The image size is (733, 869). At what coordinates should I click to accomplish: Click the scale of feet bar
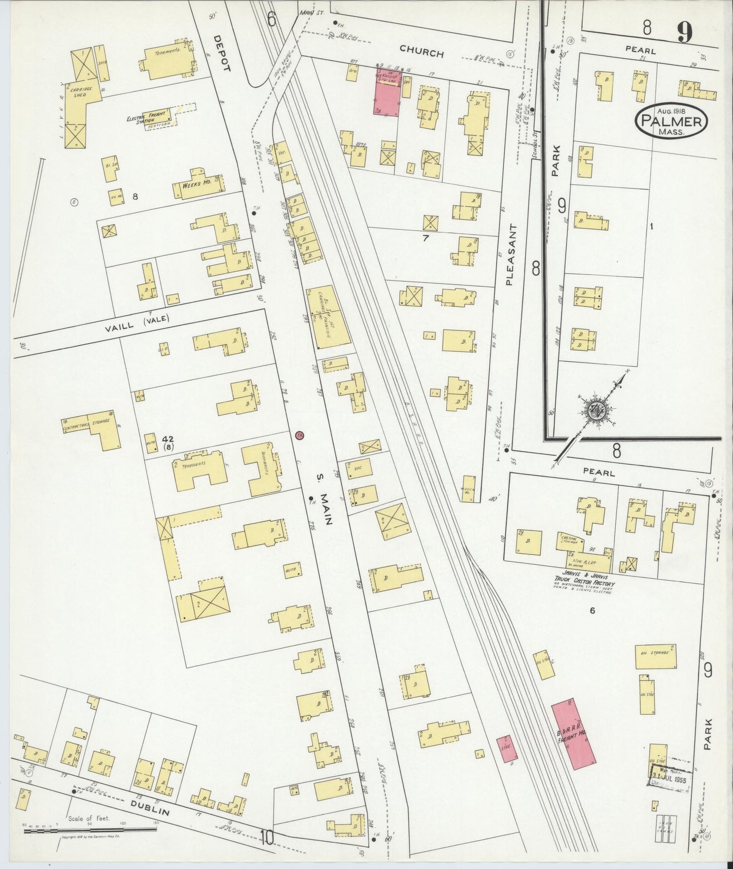[x=91, y=830]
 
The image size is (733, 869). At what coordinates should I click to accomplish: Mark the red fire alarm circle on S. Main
[x=300, y=436]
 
